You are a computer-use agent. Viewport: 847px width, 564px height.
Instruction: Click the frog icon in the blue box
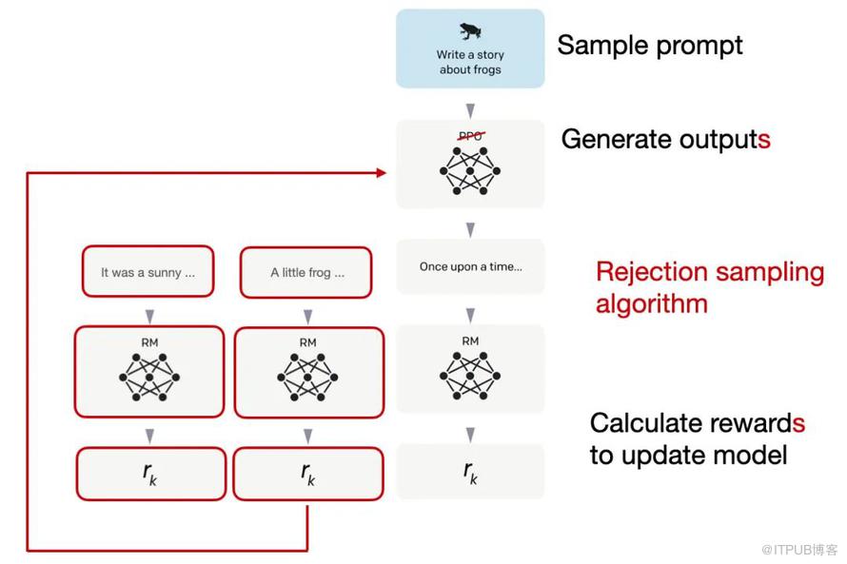[x=470, y=31]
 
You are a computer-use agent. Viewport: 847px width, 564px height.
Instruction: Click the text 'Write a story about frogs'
[x=470, y=62]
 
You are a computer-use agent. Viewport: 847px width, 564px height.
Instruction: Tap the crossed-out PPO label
[x=470, y=136]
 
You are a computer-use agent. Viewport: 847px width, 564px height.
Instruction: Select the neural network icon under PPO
[x=470, y=170]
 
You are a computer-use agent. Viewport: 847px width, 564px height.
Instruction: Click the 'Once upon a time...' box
[x=470, y=266]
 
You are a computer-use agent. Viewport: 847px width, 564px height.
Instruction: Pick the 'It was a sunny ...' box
[x=148, y=271]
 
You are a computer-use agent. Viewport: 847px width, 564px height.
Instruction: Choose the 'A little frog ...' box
[x=306, y=273]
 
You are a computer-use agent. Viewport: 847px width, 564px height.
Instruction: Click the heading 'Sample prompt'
[x=650, y=46]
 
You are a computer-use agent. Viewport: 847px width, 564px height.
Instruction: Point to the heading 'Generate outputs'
[x=665, y=139]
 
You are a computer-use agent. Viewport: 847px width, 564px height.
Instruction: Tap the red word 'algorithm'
[x=652, y=303]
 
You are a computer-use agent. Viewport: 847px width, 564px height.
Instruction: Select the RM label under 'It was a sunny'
[x=149, y=342]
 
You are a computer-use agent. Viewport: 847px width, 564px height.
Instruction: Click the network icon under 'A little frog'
[x=307, y=378]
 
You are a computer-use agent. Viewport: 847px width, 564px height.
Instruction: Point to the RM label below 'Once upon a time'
[x=470, y=341]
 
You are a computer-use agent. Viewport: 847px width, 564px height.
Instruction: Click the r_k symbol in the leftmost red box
[x=149, y=474]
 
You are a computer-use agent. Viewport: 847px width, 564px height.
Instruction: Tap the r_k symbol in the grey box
[x=470, y=472]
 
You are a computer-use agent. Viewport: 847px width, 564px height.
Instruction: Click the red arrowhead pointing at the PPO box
[x=382, y=173]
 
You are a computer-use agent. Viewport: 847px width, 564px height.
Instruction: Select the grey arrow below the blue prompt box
[x=470, y=110]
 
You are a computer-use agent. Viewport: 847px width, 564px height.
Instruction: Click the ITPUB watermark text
[x=799, y=550]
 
